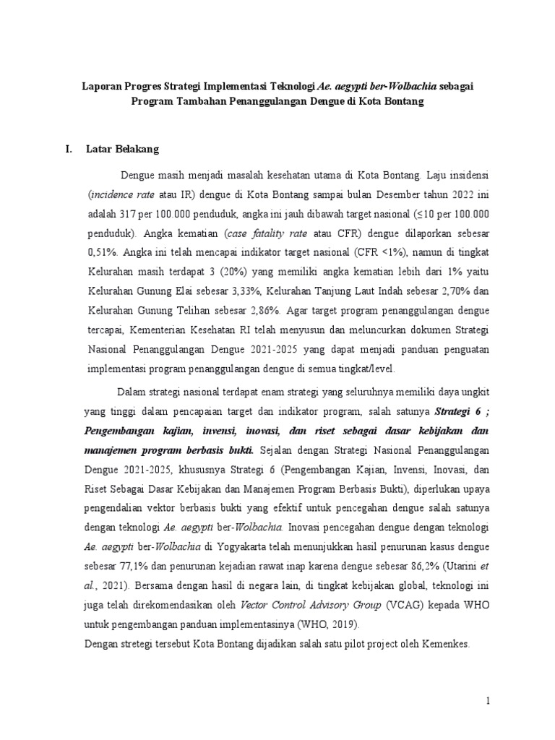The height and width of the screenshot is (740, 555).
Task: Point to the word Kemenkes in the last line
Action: click(444, 642)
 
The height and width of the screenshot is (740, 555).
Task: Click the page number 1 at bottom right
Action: click(488, 702)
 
